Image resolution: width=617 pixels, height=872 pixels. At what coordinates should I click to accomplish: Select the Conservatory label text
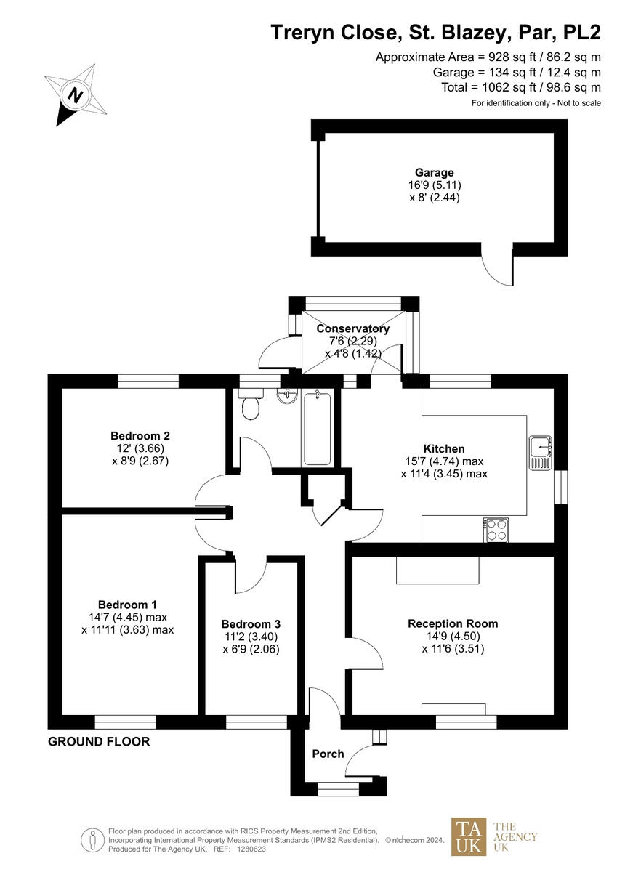353,328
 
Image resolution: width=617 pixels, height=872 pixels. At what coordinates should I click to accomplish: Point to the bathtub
318,428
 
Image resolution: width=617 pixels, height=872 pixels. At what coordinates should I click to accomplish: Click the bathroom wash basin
287,395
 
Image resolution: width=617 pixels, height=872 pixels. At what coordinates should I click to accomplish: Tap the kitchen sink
541,452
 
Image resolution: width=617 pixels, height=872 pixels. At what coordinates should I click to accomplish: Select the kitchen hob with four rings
497,530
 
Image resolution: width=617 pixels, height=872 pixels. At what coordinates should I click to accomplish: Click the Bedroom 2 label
140,436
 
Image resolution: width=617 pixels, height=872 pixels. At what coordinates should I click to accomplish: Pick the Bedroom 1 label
128,605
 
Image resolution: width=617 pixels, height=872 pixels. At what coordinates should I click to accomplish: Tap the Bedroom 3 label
251,624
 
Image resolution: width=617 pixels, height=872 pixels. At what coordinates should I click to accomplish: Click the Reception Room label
453,623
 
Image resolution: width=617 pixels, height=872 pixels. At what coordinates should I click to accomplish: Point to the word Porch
328,754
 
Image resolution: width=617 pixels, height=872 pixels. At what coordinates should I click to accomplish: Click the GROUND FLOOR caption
99,742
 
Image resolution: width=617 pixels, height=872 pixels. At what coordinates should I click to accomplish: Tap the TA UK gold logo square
469,836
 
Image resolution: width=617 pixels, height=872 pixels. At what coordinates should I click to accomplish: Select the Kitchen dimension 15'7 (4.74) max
444,461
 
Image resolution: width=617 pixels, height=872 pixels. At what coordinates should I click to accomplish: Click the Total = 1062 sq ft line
521,87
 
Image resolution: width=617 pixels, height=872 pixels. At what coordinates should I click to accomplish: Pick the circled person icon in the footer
92,839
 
